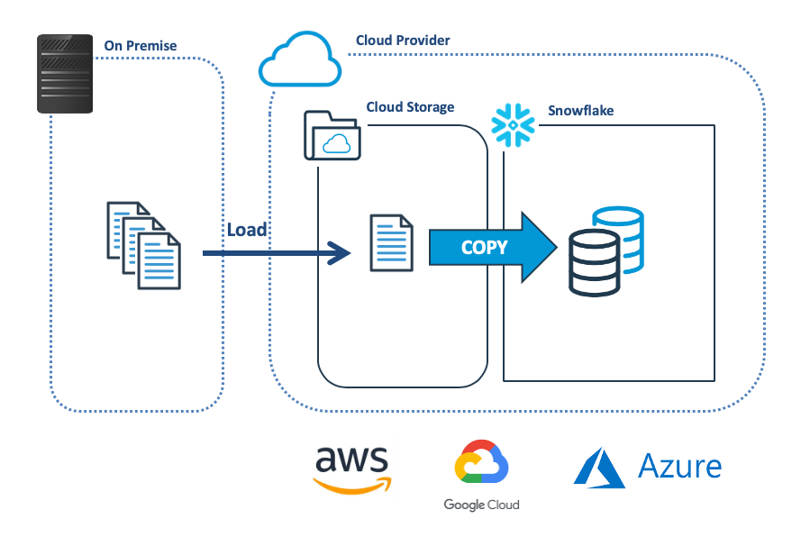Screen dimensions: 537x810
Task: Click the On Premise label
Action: (141, 46)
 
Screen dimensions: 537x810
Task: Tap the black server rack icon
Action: (65, 74)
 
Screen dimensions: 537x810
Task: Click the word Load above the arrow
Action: (247, 230)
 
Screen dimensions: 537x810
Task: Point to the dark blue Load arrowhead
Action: (340, 253)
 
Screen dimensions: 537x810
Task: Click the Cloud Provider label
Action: (403, 41)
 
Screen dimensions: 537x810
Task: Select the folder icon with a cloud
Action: (332, 136)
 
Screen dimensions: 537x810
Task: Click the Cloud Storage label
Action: (410, 107)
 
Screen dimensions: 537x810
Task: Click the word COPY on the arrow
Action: (485, 248)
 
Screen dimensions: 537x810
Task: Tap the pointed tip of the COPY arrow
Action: (552, 248)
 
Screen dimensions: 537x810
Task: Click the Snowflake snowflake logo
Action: (513, 127)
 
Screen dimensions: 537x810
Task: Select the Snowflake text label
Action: (581, 112)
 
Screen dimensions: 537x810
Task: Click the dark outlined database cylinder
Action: (595, 262)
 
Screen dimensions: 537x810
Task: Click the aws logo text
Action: (352, 461)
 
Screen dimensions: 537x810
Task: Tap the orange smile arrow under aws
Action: (352, 486)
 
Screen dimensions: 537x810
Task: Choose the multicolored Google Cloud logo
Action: (481, 464)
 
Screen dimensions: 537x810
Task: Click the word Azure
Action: (679, 466)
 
